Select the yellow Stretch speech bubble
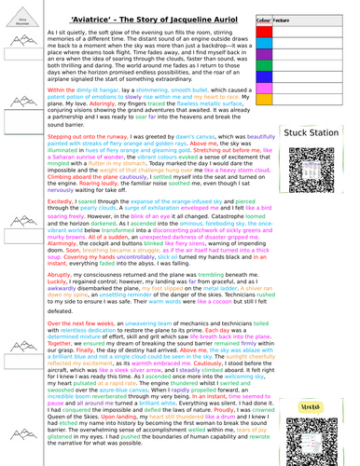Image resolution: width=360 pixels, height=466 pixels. click(322, 380)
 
